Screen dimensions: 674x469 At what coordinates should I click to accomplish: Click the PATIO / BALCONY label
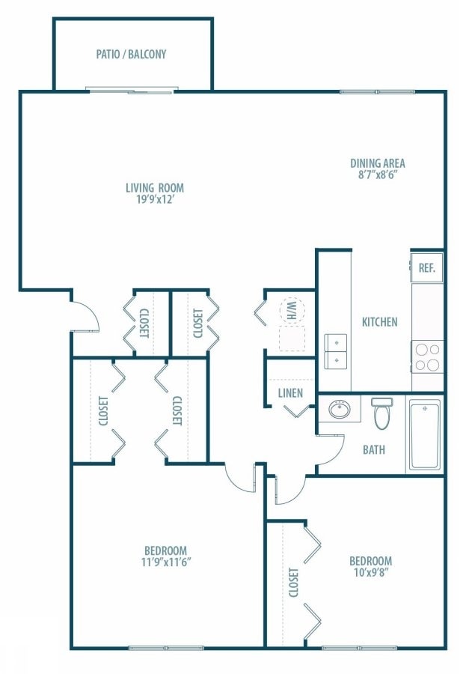point(131,54)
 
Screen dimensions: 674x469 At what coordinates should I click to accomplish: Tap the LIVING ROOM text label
point(154,188)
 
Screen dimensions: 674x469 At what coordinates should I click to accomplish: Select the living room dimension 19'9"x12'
point(154,200)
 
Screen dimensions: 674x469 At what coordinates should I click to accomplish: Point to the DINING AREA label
point(378,163)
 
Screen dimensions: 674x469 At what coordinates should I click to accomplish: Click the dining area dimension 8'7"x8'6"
point(378,176)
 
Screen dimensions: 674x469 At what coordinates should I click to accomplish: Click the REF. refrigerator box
point(426,267)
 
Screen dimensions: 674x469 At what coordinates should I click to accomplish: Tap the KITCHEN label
point(379,322)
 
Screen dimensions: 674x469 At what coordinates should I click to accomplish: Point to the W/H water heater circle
point(289,309)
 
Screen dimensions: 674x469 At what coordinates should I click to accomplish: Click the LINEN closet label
point(289,393)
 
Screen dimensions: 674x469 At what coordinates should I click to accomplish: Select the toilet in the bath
point(382,413)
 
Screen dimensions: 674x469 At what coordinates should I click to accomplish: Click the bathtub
point(425,434)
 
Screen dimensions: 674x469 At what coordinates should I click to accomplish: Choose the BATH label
point(374,450)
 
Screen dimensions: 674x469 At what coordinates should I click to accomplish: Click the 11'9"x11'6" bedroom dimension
point(166,562)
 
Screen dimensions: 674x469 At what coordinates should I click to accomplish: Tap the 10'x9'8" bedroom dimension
point(370,573)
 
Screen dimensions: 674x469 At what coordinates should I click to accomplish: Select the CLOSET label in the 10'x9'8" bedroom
point(292,583)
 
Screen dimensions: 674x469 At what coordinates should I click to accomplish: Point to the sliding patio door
point(132,91)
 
